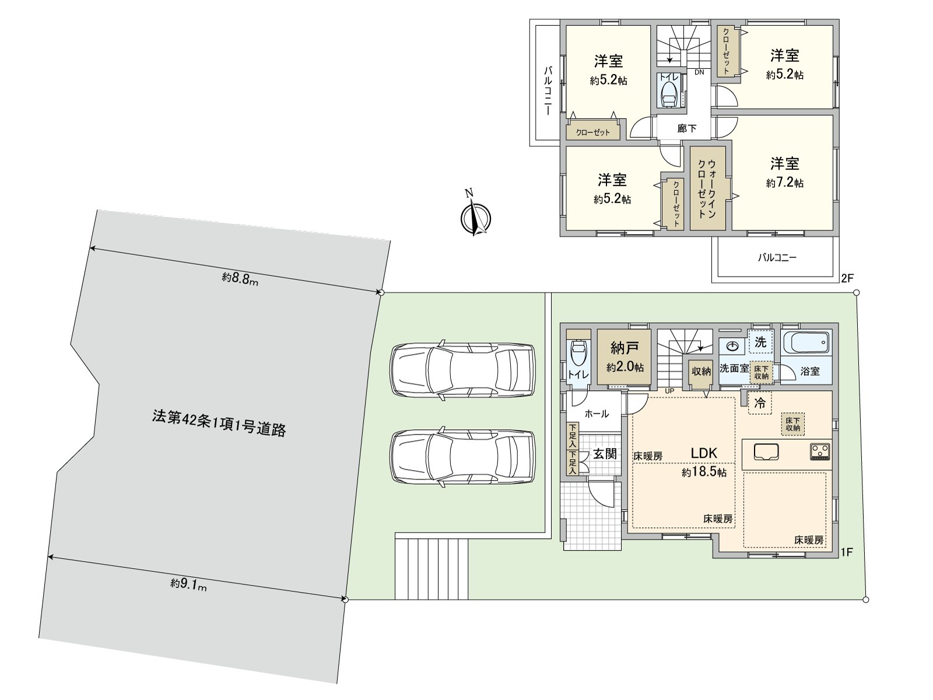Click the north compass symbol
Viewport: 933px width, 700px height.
point(475,218)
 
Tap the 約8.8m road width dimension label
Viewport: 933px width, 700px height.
point(240,278)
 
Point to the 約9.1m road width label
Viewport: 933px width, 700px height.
point(188,584)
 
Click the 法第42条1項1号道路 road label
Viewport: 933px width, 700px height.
point(219,423)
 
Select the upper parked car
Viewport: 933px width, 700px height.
point(462,370)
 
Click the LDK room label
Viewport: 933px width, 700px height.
point(704,453)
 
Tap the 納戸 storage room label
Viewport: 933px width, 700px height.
point(625,348)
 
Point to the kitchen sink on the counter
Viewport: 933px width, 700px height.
point(766,452)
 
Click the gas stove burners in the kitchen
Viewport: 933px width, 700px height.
point(820,451)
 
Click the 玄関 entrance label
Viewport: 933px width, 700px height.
point(605,453)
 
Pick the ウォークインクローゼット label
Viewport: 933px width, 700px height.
point(707,188)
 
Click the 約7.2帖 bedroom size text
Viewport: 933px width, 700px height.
point(785,183)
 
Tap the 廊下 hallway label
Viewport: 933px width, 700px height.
point(686,128)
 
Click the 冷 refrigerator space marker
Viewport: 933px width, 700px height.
point(760,402)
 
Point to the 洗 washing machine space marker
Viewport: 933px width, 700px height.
point(760,342)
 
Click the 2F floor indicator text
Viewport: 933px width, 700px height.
point(847,278)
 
